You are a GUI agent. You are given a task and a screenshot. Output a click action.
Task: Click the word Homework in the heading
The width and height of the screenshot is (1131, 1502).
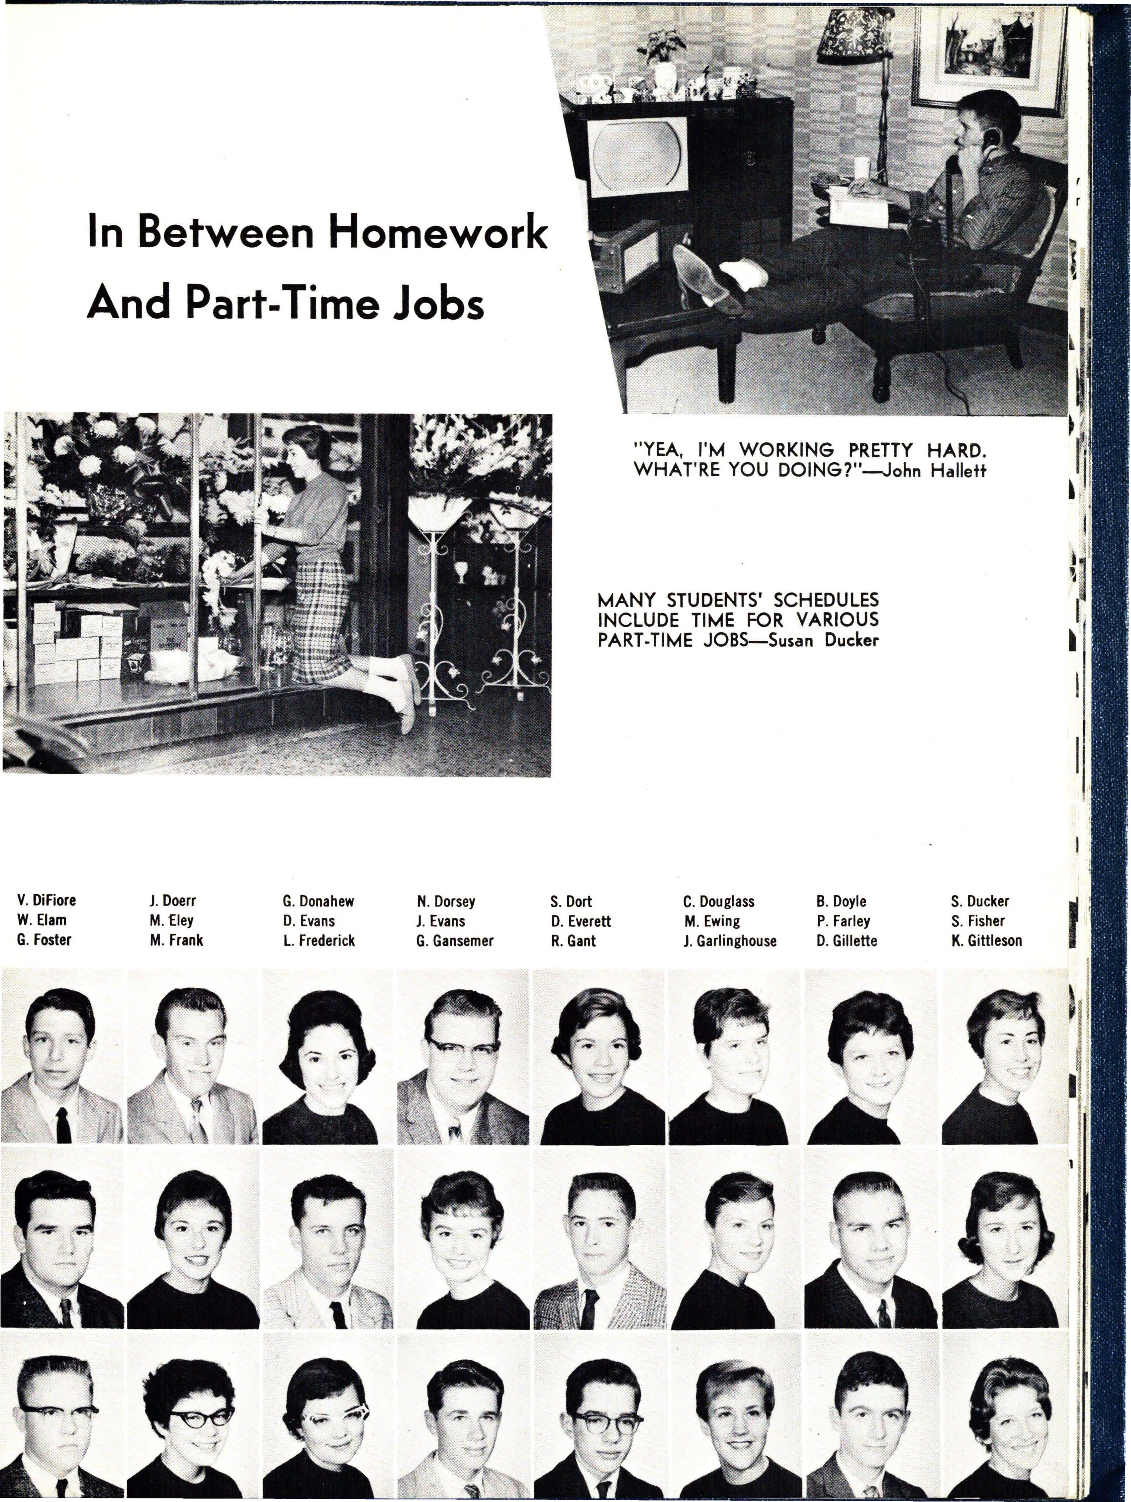438,233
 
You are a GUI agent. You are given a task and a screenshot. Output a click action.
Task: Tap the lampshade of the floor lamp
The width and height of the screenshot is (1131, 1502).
854,32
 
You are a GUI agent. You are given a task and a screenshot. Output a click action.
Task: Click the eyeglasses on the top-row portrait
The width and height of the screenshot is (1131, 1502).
462,1048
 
